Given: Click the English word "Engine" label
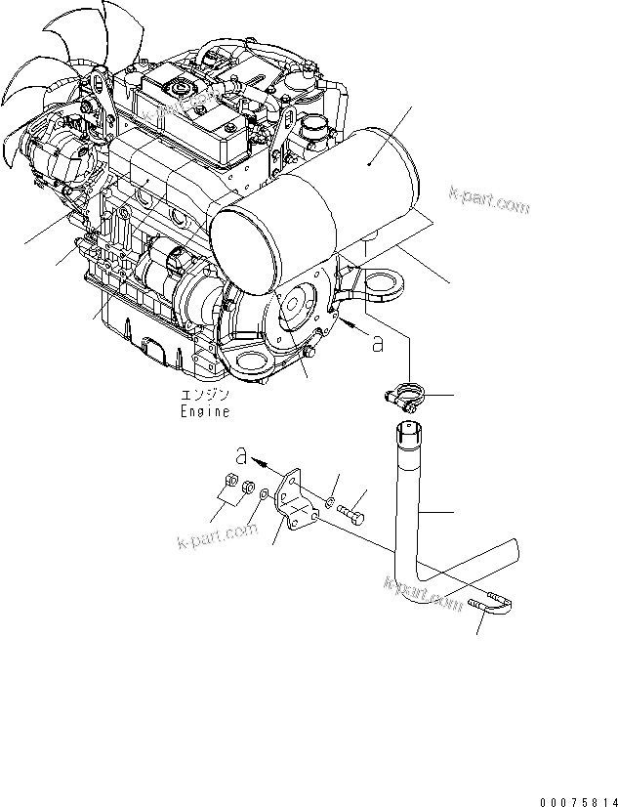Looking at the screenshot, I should click(x=204, y=411).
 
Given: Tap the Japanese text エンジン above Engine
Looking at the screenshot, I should click(x=204, y=396).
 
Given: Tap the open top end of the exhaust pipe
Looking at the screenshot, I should click(x=410, y=429).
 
